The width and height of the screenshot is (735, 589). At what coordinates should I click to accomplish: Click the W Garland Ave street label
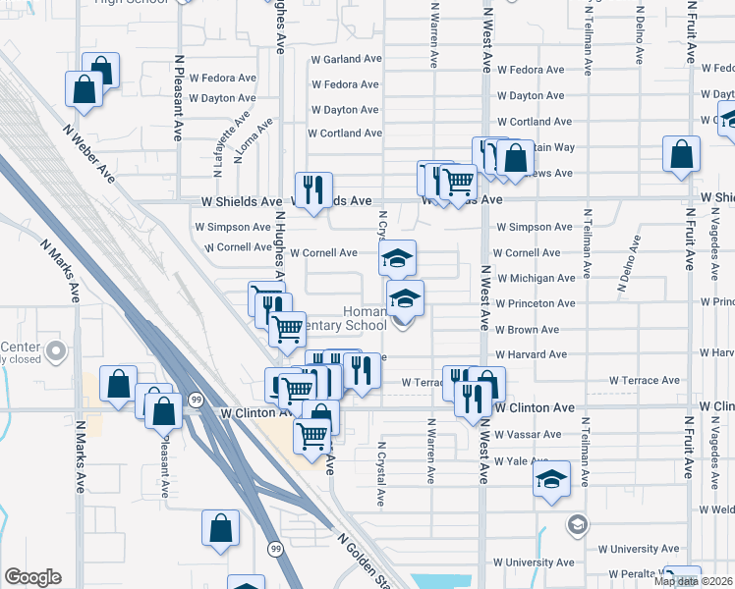click(345, 59)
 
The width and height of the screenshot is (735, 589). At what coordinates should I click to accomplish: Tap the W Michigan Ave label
click(536, 278)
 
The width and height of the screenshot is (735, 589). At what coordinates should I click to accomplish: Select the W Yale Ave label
click(521, 460)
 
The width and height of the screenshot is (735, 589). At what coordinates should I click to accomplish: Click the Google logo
click(32, 577)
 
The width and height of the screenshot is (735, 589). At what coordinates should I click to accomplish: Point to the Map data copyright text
click(692, 581)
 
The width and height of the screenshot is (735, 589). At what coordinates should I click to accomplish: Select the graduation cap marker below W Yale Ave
click(552, 480)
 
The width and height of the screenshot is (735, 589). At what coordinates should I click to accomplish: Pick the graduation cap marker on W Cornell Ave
click(398, 259)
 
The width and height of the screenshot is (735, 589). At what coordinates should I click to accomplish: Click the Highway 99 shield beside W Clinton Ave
click(197, 400)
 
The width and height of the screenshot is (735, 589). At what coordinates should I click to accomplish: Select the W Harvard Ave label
click(531, 354)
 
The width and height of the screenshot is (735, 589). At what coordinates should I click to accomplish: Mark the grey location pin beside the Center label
click(57, 349)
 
